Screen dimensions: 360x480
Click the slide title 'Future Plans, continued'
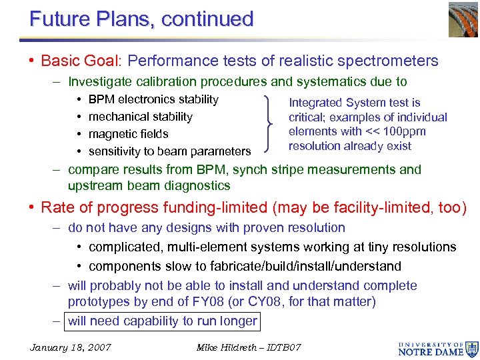coord(141,19)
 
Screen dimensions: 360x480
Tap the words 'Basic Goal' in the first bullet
coord(79,61)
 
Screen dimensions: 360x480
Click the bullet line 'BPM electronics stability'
coord(153,99)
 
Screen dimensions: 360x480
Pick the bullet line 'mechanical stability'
coord(140,117)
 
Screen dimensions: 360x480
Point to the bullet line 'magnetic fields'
coord(128,134)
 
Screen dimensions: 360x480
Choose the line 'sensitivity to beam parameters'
coord(169,151)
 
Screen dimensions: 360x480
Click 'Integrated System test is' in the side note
coord(354,103)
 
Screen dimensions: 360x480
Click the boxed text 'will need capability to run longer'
coord(162,321)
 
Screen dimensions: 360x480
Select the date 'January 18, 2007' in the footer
coord(71,347)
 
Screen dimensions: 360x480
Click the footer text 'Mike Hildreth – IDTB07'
coord(249,347)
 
